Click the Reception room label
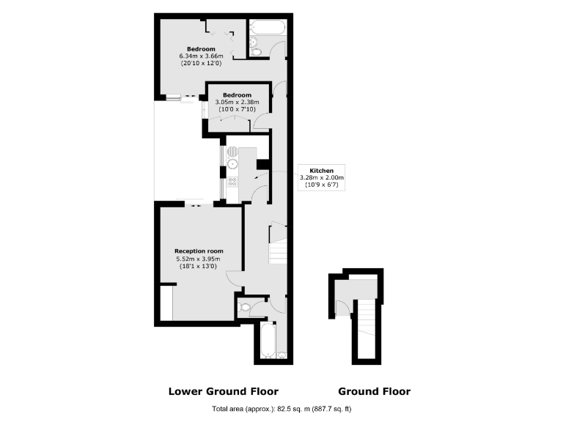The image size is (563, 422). pyautogui.click(x=198, y=251)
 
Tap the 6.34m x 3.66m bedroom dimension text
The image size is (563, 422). pyautogui.click(x=200, y=56)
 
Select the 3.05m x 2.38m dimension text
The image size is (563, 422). pyautogui.click(x=237, y=103)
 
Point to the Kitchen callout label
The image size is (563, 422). pyautogui.click(x=321, y=171)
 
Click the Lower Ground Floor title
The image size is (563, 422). pyautogui.click(x=224, y=391)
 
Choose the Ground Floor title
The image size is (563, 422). pyautogui.click(x=374, y=391)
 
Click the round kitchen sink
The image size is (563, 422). pyautogui.click(x=232, y=164)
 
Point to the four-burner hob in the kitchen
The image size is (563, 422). pyautogui.click(x=232, y=182)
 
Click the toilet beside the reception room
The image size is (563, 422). pyautogui.click(x=245, y=308)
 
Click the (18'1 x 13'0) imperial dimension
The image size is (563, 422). pyautogui.click(x=198, y=267)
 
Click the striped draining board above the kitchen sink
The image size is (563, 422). pyautogui.click(x=232, y=150)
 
